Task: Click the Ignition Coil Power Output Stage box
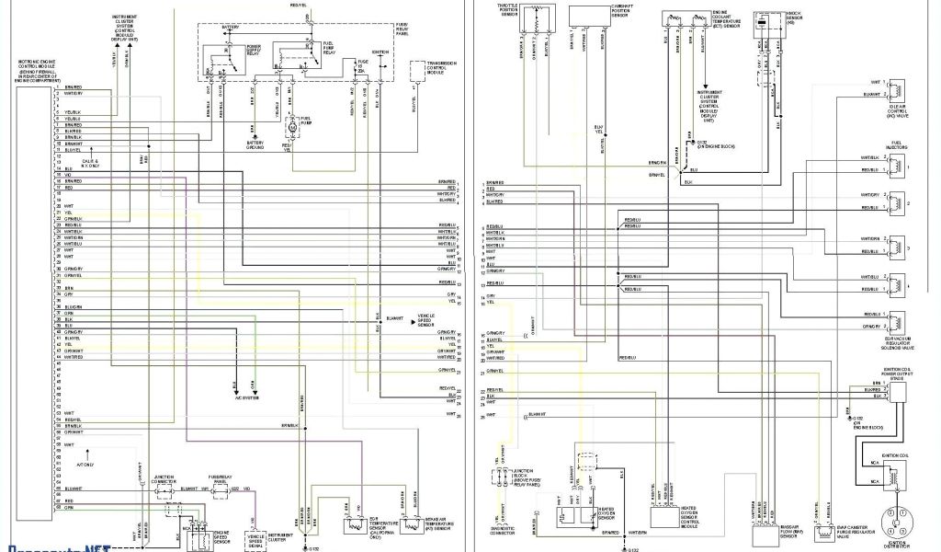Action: coord(896,390)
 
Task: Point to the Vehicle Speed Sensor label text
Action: coord(426,319)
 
